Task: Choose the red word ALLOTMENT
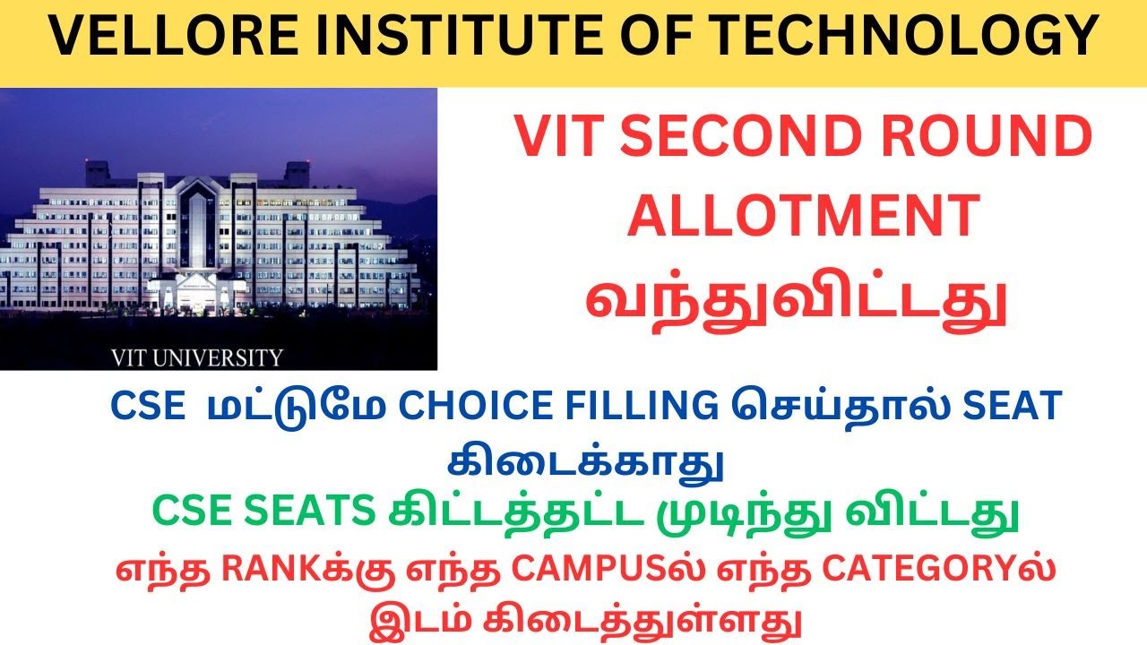[802, 217]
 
